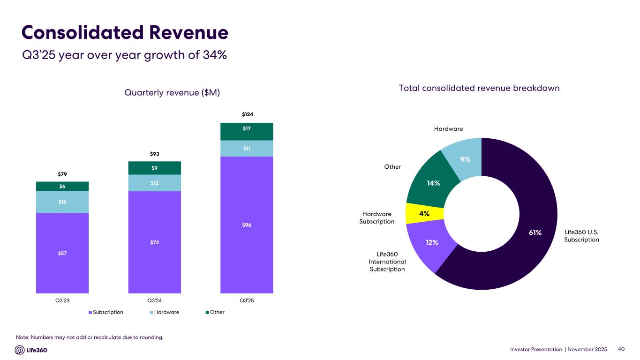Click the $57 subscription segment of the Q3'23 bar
pyautogui.click(x=62, y=253)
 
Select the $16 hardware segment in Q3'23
pyautogui.click(x=62, y=202)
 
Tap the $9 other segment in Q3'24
pyautogui.click(x=154, y=168)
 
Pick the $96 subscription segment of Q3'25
pyautogui.click(x=247, y=225)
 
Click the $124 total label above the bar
pyautogui.click(x=247, y=114)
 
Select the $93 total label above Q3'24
pyautogui.click(x=154, y=154)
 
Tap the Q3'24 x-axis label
pyautogui.click(x=154, y=300)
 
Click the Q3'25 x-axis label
pyautogui.click(x=247, y=300)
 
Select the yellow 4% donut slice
pyautogui.click(x=424, y=214)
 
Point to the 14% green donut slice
pyautogui.click(x=433, y=183)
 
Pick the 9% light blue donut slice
pyautogui.click(x=464, y=159)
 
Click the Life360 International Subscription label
pyautogui.click(x=387, y=262)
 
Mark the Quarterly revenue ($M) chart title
pyautogui.click(x=172, y=93)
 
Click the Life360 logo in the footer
pyautogui.click(x=31, y=350)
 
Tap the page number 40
pyautogui.click(x=622, y=349)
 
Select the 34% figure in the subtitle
pyautogui.click(x=215, y=55)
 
